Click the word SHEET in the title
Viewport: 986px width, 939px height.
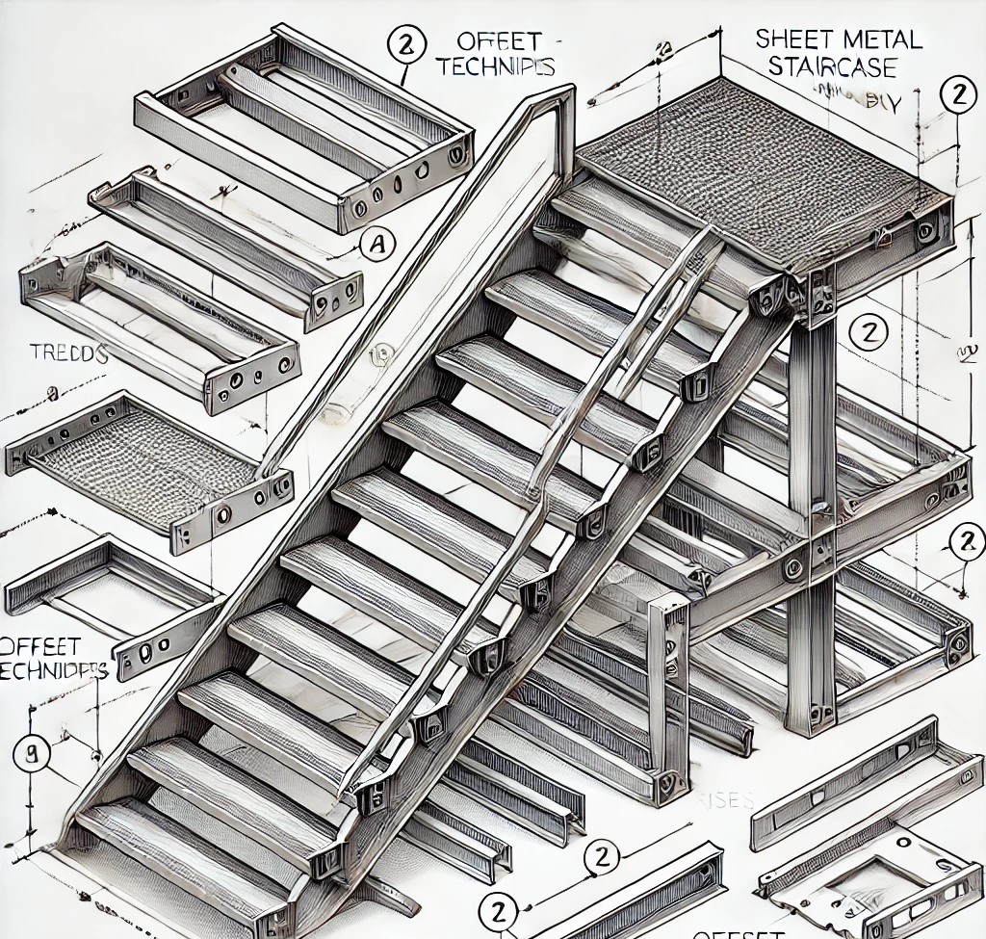pyautogui.click(x=788, y=39)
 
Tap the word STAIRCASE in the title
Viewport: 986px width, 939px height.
pyautogui.click(x=840, y=68)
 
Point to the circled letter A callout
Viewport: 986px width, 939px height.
pyautogui.click(x=378, y=247)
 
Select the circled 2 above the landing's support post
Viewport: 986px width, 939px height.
pyautogui.click(x=869, y=333)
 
